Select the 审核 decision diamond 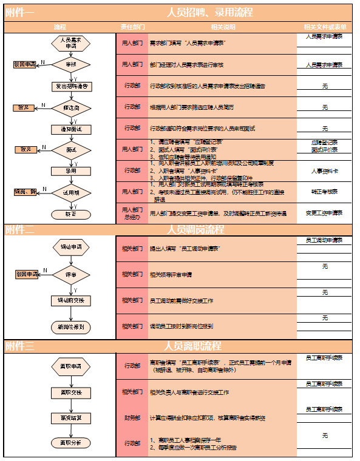click(x=72, y=64)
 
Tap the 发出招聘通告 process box click(x=72, y=86)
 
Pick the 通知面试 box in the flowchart click(x=72, y=129)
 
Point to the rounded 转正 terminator click(x=72, y=214)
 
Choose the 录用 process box click(x=72, y=171)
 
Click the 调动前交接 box click(x=72, y=300)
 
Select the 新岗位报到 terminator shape click(x=72, y=326)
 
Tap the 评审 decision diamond click(x=72, y=275)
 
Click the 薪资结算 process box click(x=72, y=418)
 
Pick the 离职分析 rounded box click(x=72, y=442)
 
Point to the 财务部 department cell click(x=132, y=418)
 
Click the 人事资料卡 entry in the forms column click(x=325, y=171)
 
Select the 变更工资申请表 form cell click(x=325, y=214)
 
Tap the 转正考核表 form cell click(x=325, y=192)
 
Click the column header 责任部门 click(x=132, y=27)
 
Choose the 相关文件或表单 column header click(x=325, y=27)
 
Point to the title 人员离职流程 click(x=194, y=346)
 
